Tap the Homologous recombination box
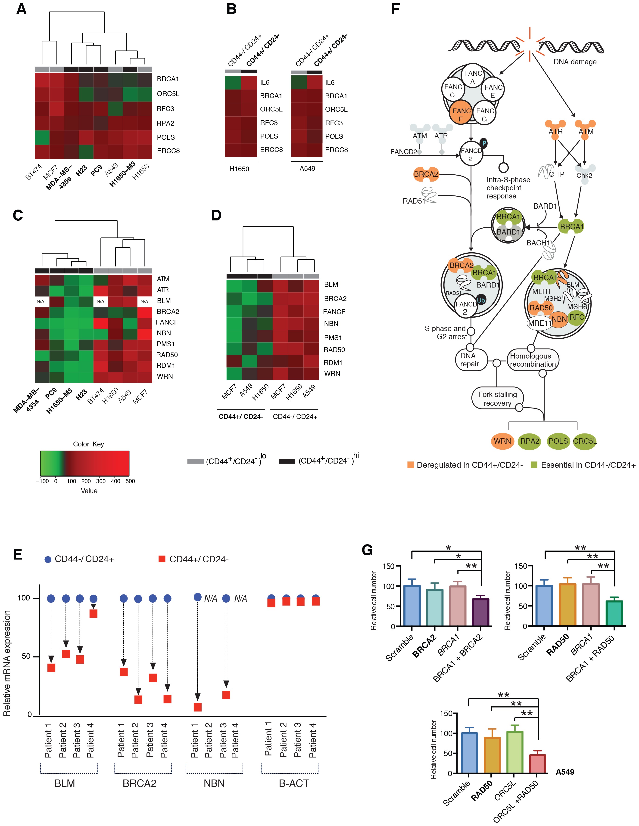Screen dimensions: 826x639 532,360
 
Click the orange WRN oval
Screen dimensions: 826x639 502,441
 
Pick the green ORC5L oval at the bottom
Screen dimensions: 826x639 585,441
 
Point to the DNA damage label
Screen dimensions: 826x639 575,62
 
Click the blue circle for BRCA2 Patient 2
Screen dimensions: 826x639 138,599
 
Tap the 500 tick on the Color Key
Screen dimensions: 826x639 130,481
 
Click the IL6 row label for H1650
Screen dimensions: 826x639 265,82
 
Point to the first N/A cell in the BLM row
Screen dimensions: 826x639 41,301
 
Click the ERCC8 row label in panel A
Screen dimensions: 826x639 168,151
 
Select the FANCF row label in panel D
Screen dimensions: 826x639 334,312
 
